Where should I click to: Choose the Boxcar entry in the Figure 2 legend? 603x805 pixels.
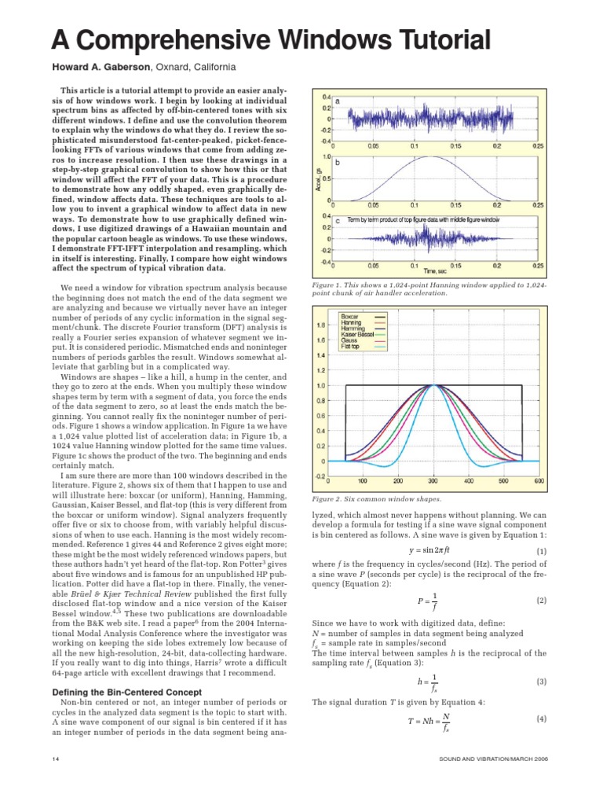(x=350, y=316)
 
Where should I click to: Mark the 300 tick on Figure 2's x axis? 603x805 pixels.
(x=433, y=481)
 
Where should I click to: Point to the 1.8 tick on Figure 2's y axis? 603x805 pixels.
(x=322, y=325)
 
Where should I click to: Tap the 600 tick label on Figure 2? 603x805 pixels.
(x=539, y=481)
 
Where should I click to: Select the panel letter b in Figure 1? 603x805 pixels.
(x=338, y=163)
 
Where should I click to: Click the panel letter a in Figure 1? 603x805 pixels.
(x=338, y=101)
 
